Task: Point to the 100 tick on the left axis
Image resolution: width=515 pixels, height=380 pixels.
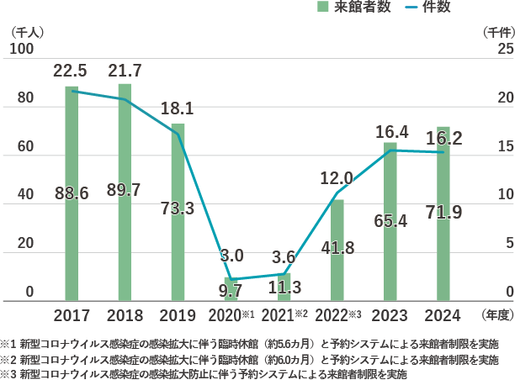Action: coord(22,50)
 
